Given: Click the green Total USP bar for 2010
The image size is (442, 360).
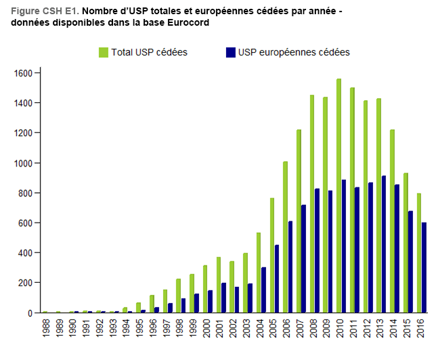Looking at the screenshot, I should pos(338,196).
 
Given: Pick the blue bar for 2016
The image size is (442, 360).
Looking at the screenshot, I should pos(424,268).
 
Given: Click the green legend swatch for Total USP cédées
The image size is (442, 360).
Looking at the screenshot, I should pos(104,52).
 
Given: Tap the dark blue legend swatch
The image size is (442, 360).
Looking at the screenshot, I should pos(230,52).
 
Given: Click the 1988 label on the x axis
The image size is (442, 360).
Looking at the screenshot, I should pos(45,332).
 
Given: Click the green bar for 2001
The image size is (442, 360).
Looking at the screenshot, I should pos(219,285).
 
